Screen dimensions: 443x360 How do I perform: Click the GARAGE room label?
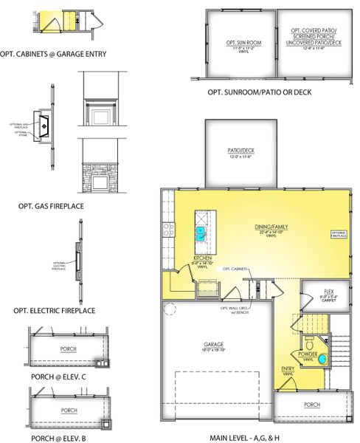click(214, 344)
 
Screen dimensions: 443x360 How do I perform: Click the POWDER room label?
click(308, 354)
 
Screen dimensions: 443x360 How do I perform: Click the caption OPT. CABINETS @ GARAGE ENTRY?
click(54, 53)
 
